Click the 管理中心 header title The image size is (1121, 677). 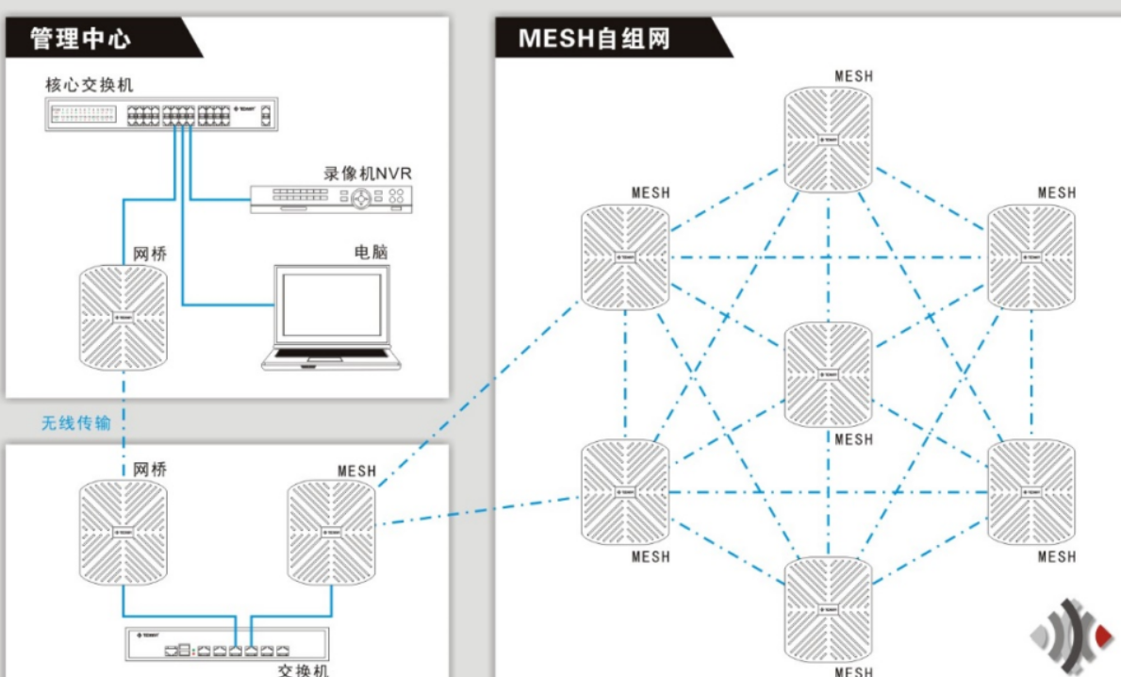tap(80, 39)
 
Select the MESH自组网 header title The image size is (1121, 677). tap(594, 40)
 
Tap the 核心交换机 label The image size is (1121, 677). tap(90, 84)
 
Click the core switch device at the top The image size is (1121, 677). tap(161, 114)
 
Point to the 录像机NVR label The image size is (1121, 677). tap(368, 173)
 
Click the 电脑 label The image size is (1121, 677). tap(371, 252)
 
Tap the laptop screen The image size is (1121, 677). tap(330, 304)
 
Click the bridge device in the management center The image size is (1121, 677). tap(124, 315)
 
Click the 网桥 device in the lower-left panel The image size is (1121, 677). tap(124, 532)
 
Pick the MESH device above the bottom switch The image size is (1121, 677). tap(331, 532)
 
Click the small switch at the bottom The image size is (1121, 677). tap(226, 645)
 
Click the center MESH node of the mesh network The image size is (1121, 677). tap(829, 374)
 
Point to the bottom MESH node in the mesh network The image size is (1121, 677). tap(829, 609)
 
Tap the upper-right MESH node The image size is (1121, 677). tap(1031, 256)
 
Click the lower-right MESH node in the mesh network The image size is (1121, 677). tap(1031, 491)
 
